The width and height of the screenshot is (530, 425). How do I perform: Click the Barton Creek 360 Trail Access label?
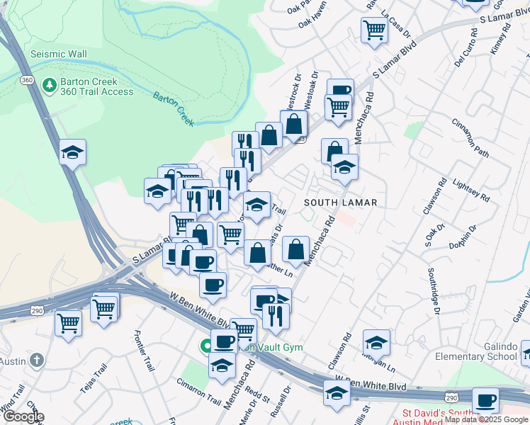tap(98, 86)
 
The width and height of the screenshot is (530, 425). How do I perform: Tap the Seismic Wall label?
tap(59, 54)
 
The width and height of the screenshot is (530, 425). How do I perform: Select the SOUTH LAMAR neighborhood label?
tap(340, 203)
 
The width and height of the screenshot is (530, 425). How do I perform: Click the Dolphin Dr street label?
tap(466, 236)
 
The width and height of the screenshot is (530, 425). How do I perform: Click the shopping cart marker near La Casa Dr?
tap(374, 29)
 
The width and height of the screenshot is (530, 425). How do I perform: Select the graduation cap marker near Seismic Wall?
tap(72, 152)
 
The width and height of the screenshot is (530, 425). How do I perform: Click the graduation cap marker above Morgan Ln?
tap(377, 343)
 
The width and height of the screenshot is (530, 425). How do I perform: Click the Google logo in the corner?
tap(23, 416)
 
